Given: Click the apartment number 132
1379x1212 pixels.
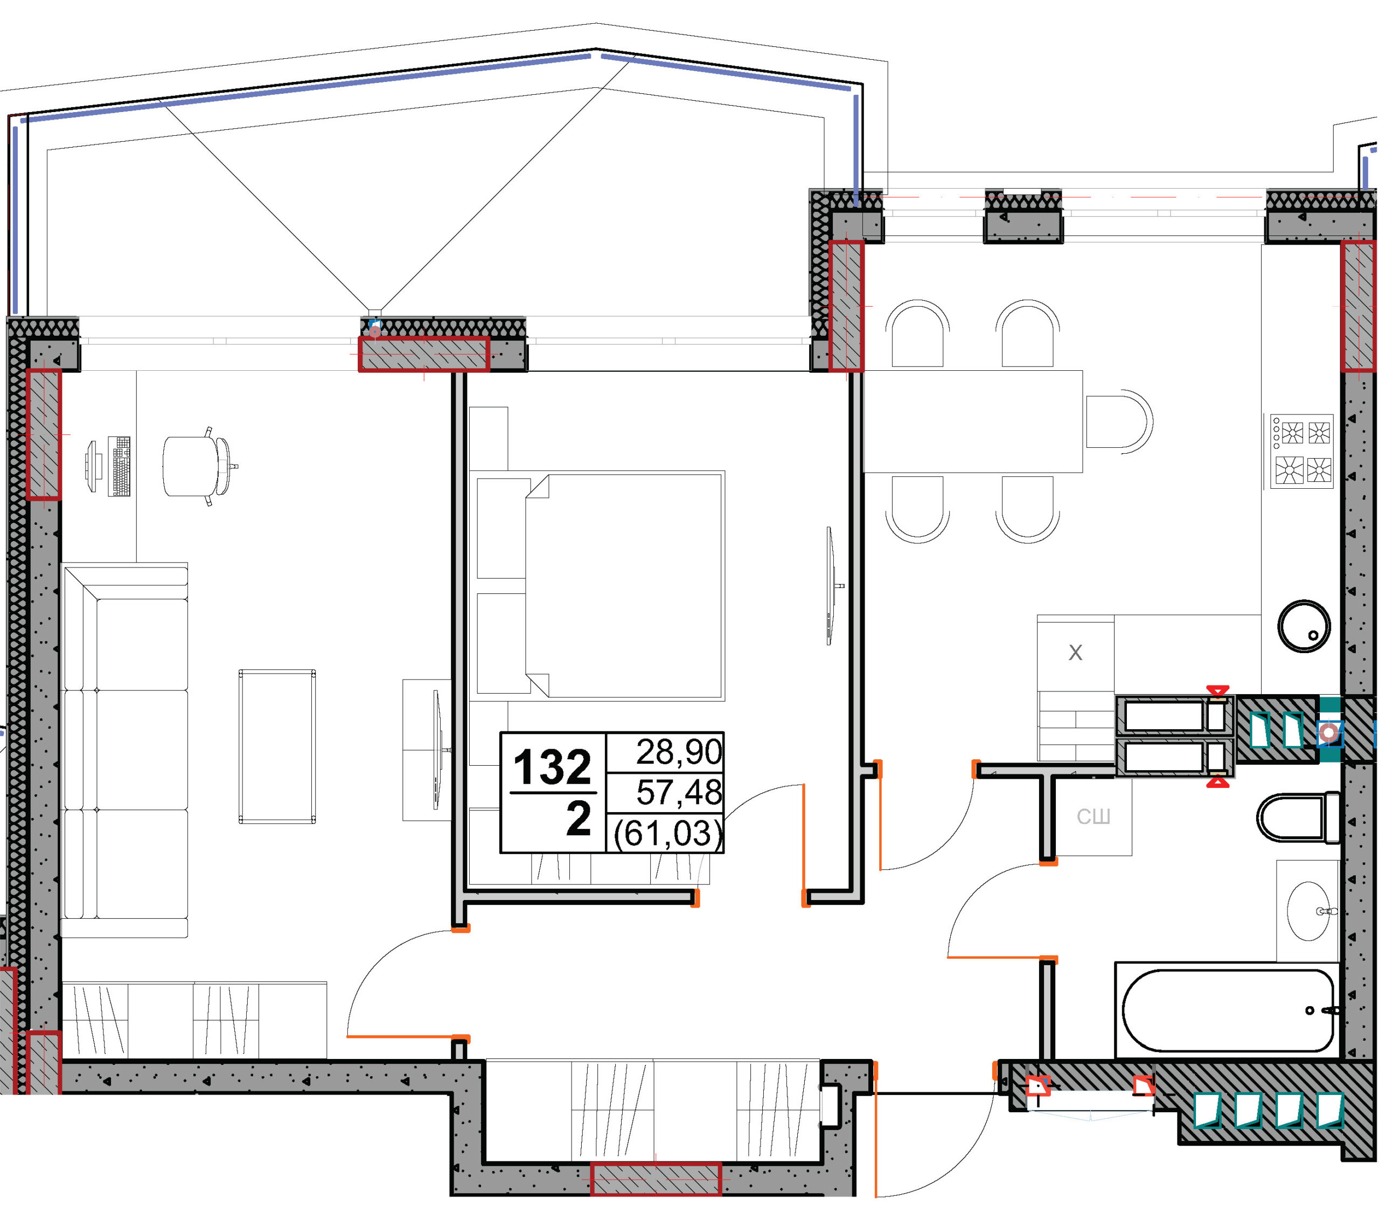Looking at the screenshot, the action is pos(552,767).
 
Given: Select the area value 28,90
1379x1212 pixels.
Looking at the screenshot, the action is pos(679,752).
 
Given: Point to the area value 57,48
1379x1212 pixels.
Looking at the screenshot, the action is pos(679,792).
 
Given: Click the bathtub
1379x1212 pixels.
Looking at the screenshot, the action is pos(1227,1010).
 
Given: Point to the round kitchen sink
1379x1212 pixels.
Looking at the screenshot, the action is pos(1304,626).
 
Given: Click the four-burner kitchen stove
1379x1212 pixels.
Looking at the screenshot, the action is pos(1301,451).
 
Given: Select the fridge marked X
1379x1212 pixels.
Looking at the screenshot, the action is pos(1075,652).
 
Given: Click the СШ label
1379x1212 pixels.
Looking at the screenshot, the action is pos(1093,817).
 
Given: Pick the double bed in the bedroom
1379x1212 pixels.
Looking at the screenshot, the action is pos(601,586).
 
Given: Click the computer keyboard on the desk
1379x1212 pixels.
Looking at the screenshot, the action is pos(120,466).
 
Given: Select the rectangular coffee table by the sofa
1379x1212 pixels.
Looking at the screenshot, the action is pos(277,746).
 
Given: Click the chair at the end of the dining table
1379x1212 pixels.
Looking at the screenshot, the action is pos(1119,422).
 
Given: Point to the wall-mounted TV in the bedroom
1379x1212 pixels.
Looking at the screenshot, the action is pos(832,586).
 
